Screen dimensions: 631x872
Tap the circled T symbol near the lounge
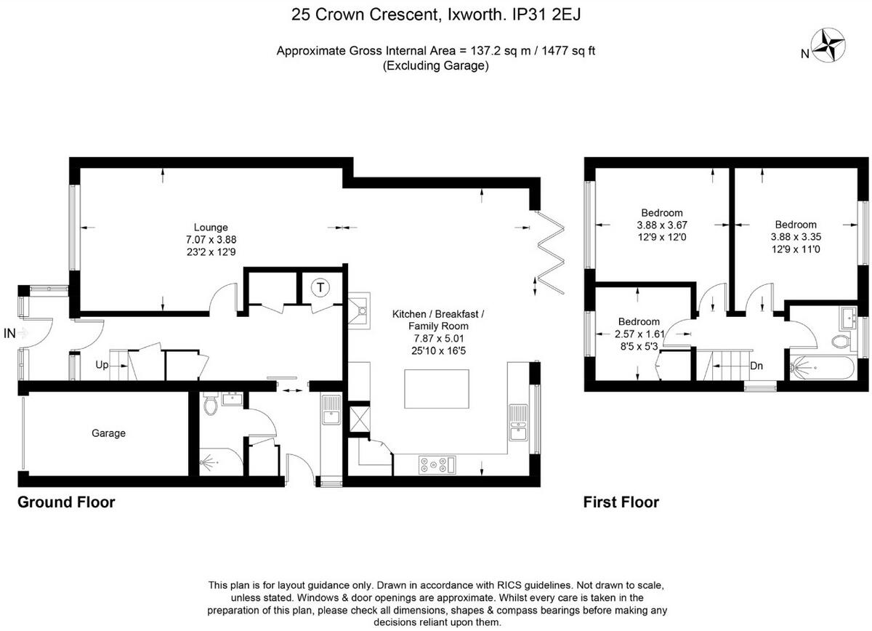tap(320, 288)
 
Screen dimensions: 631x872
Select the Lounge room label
tap(211, 227)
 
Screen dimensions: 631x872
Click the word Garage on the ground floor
tap(108, 433)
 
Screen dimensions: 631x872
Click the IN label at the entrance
tap(9, 334)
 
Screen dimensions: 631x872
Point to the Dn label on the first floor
tap(756, 366)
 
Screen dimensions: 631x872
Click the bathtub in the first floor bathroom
tap(821, 368)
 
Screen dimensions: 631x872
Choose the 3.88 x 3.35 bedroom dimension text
tap(795, 236)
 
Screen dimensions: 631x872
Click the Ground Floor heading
tap(66, 502)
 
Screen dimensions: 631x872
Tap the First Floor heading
tap(621, 502)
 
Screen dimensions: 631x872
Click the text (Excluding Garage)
tap(435, 65)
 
